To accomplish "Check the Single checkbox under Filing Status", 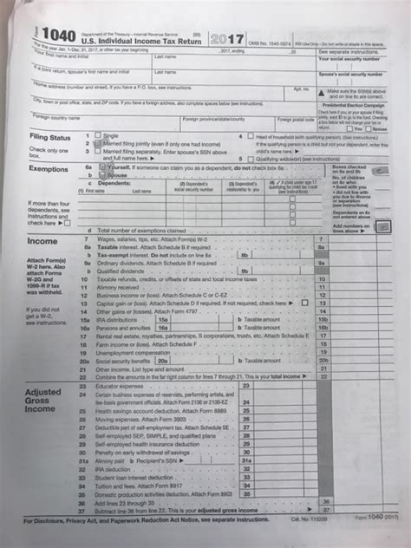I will click(x=97, y=136).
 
